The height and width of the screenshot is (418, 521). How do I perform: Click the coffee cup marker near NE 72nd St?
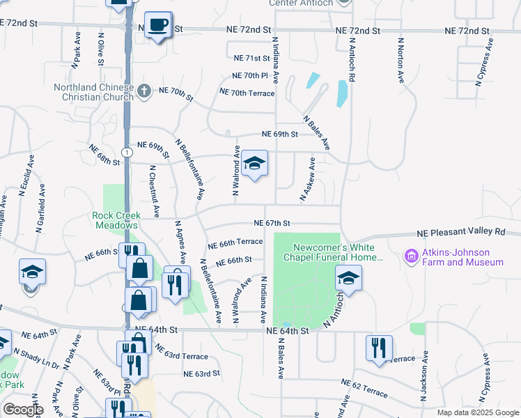click(x=157, y=25)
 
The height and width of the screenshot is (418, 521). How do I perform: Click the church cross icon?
click(x=143, y=90)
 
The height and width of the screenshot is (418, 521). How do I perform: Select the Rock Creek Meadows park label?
click(x=116, y=220)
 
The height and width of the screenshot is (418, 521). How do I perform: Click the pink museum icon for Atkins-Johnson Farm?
click(x=411, y=257)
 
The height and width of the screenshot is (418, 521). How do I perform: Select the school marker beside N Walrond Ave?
click(x=255, y=164)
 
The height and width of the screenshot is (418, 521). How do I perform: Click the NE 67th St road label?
click(x=272, y=223)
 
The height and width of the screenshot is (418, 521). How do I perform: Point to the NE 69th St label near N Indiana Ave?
click(x=280, y=134)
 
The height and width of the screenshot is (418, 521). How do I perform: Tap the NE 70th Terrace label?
click(x=247, y=92)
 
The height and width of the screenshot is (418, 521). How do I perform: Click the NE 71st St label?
click(x=252, y=59)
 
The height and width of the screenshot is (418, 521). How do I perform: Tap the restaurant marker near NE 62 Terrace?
click(x=379, y=348)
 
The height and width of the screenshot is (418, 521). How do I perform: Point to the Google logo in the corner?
click(x=23, y=410)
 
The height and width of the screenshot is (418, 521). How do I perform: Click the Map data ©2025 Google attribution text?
click(x=477, y=412)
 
